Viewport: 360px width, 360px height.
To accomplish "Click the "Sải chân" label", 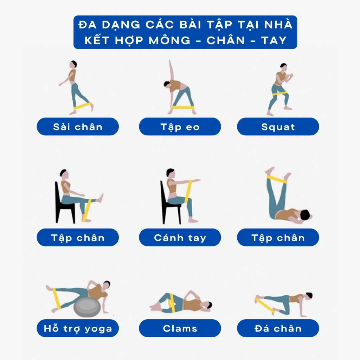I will tap(78, 127).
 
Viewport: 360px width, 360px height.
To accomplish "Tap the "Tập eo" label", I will tap(180, 127).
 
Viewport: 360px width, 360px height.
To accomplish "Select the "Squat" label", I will tap(278, 127).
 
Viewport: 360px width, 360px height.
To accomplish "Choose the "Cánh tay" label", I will tap(180, 238).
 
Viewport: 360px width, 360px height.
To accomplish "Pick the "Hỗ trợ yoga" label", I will tap(78, 329).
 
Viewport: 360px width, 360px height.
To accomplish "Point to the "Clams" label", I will tap(180, 329).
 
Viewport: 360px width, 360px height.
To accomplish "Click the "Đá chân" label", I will tap(278, 329).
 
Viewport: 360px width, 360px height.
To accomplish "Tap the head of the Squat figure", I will tap(283, 67).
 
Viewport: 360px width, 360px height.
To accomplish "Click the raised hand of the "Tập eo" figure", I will tap(171, 62).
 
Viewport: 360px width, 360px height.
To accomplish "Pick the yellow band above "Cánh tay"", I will tap(188, 192).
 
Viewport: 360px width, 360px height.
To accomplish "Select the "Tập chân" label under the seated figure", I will tap(78, 238).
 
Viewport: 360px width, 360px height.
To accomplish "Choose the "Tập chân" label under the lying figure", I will tap(278, 238).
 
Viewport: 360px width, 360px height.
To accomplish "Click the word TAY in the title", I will tap(274, 40).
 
